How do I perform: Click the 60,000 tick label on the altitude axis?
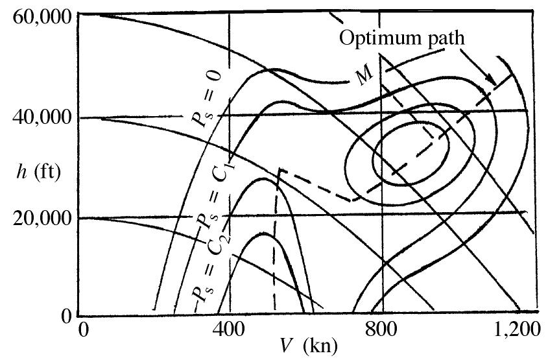(x=42, y=17)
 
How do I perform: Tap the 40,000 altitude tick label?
(x=42, y=118)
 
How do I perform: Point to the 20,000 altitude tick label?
(x=42, y=218)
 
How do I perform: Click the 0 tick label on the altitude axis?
(x=66, y=316)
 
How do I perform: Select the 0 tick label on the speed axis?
(x=83, y=330)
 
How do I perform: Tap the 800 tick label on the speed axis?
(x=381, y=330)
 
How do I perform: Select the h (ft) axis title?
(x=38, y=172)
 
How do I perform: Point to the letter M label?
(x=364, y=75)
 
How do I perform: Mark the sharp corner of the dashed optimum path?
(x=280, y=169)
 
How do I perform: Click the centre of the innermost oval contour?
(x=411, y=152)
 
